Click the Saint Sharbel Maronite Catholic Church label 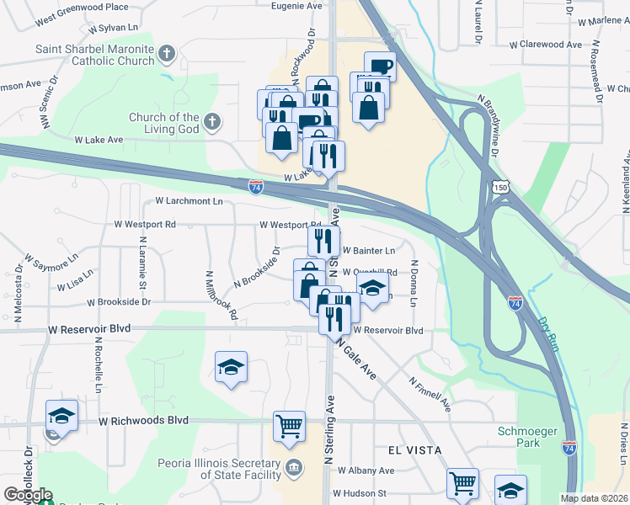[94, 55]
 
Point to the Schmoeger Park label [526, 437]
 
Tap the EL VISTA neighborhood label [414, 450]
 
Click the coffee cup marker [380, 66]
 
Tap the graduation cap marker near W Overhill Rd [371, 288]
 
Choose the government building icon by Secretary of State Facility [293, 468]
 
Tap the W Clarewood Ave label [547, 44]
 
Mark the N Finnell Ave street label [430, 393]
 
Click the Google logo [28, 495]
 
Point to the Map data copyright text [594, 498]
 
